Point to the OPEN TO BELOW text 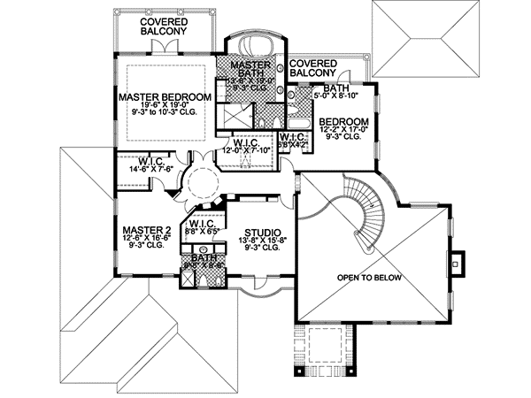click(x=368, y=278)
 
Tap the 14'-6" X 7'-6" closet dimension click(x=153, y=168)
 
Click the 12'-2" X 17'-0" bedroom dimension click(x=344, y=130)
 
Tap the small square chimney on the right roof click(x=456, y=262)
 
